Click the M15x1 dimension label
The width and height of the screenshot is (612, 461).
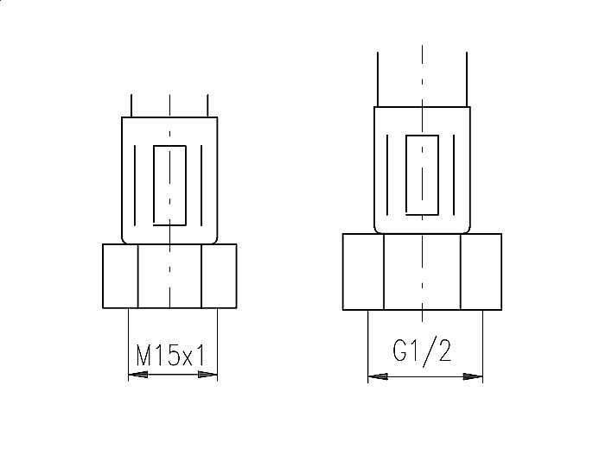(x=170, y=355)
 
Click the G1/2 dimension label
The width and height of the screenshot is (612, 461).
(x=422, y=350)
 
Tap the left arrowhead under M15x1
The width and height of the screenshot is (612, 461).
(x=138, y=375)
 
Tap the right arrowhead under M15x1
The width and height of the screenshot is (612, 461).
(x=207, y=375)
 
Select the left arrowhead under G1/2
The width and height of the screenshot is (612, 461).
(x=378, y=376)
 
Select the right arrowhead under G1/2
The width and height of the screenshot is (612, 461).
(x=473, y=376)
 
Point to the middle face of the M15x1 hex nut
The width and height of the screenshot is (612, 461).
(x=169, y=276)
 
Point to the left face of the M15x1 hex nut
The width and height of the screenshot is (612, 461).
(x=120, y=276)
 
